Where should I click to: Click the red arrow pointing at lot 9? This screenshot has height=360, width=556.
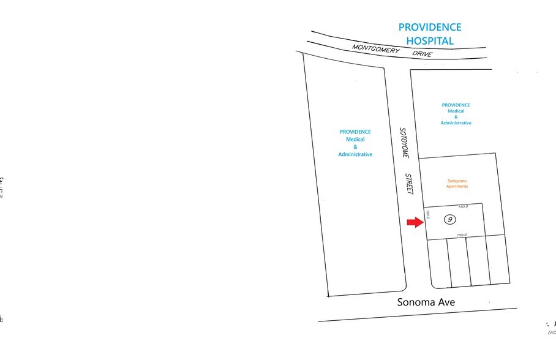click(415, 222)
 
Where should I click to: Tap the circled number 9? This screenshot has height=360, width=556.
click(451, 219)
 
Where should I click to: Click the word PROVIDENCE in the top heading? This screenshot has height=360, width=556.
click(430, 28)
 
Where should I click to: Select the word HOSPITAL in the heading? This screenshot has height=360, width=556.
click(430, 41)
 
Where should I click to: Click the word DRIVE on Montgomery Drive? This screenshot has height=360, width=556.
click(422, 54)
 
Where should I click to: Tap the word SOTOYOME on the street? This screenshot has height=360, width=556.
click(403, 141)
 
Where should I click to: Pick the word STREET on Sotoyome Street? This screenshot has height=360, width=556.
click(410, 184)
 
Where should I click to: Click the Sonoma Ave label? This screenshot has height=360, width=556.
click(426, 302)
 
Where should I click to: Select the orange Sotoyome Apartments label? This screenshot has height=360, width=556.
click(458, 183)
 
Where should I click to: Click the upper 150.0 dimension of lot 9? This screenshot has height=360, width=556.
click(463, 206)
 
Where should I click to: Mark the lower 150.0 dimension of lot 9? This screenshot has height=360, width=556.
click(461, 234)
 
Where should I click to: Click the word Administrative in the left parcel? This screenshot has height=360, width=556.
click(355, 154)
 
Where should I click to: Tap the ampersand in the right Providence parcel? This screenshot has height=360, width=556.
click(456, 117)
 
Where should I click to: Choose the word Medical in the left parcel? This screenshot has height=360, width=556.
click(355, 139)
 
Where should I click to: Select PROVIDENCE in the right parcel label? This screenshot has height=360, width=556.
click(456, 105)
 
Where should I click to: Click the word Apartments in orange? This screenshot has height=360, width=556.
click(458, 186)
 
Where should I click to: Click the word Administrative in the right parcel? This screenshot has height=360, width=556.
click(456, 123)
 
